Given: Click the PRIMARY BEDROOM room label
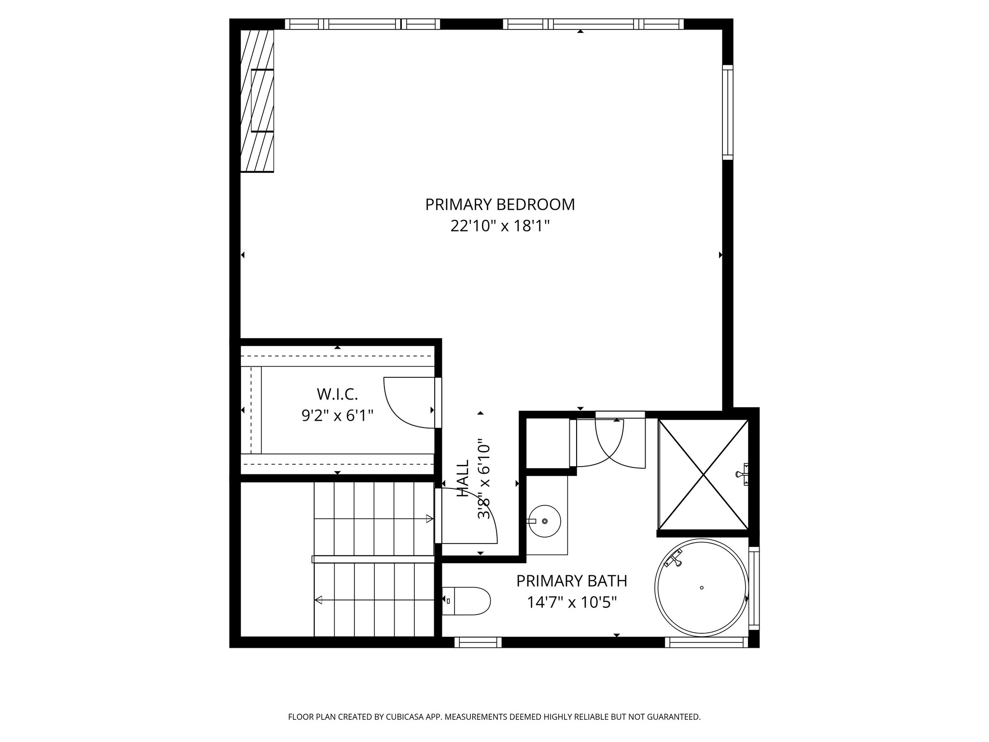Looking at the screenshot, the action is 500,205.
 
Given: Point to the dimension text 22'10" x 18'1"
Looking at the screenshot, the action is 500,226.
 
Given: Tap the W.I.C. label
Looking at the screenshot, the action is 338,394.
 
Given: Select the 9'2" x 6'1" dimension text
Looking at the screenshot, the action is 338,415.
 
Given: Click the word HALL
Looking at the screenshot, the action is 463,478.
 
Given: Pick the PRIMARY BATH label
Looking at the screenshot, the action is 572,581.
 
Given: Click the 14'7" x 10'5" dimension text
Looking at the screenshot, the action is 572,602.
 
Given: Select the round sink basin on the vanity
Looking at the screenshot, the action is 545,521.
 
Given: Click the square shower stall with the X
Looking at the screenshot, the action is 704,474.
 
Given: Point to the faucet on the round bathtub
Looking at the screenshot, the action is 674,560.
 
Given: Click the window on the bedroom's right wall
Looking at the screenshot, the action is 728,112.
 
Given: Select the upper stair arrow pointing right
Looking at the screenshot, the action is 373,519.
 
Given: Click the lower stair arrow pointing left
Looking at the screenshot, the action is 373,600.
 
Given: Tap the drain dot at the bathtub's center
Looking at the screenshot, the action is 701,587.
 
